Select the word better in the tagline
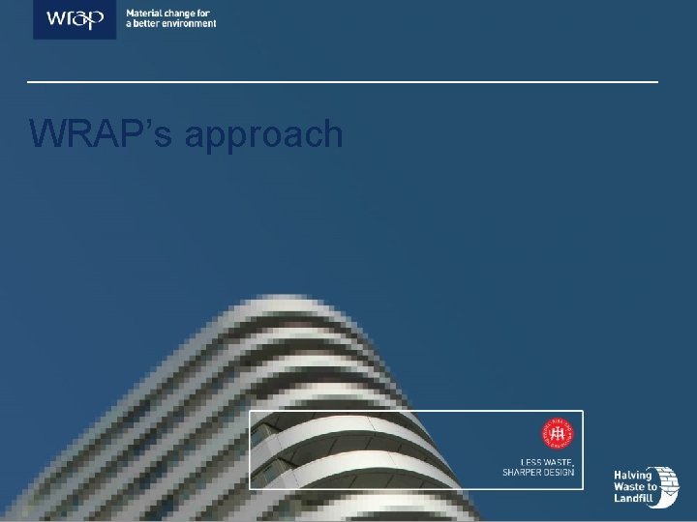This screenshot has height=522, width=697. point(148,24)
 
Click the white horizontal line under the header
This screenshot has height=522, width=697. point(343,82)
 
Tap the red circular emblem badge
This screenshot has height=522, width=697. point(558,436)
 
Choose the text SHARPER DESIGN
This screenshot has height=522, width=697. point(538,472)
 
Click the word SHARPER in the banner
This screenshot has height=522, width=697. point(521,472)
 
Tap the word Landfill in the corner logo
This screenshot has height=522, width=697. point(634,499)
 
